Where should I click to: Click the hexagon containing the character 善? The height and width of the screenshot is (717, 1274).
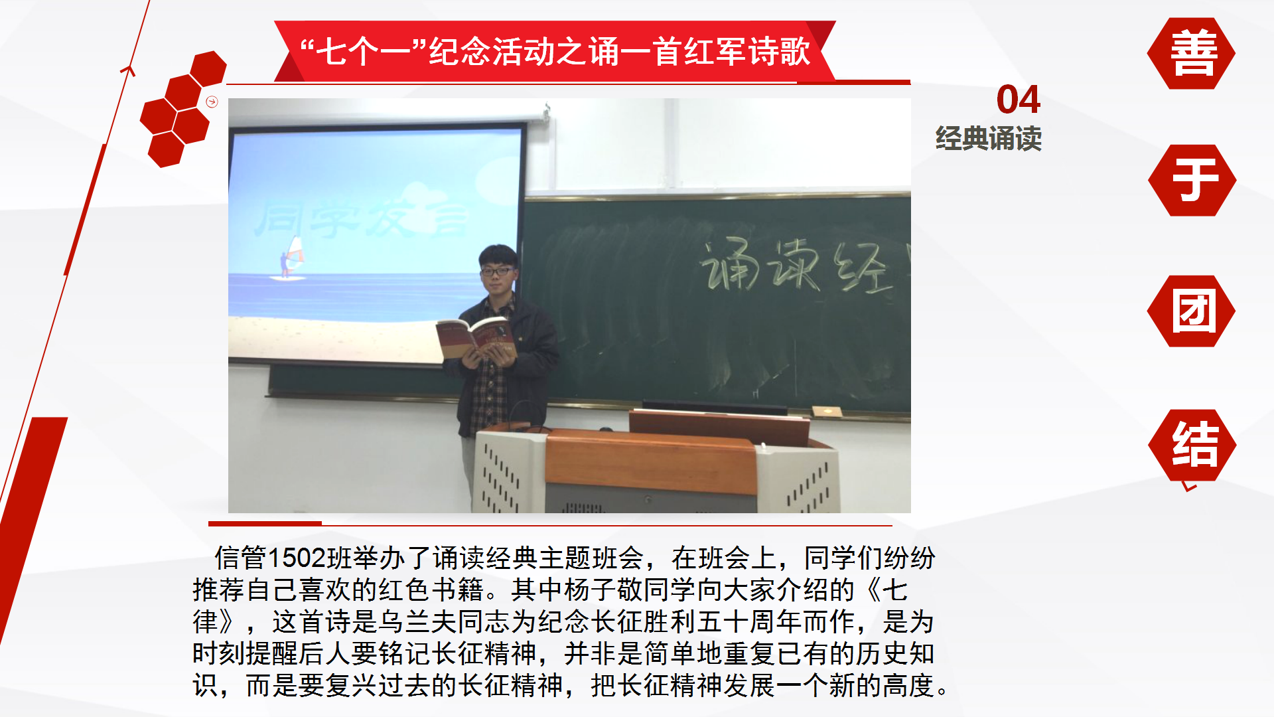pos(1191,53)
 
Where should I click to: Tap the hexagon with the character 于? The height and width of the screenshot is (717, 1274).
pos(1192,180)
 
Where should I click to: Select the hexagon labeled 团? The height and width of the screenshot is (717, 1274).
pos(1191,311)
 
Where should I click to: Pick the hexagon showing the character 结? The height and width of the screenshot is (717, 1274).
pos(1192,445)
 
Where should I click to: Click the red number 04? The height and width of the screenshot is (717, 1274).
pos(1018,100)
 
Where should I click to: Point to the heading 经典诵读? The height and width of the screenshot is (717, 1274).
pos(988,139)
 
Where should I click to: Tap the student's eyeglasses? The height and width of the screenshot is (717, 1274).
pos(496,271)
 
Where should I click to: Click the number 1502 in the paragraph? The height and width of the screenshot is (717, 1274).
pos(299,558)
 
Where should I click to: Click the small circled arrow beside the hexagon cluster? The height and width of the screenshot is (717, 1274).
pos(212,102)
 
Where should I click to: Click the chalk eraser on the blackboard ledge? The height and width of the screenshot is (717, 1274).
pos(827,411)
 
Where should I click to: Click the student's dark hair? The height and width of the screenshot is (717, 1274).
pos(498,254)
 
